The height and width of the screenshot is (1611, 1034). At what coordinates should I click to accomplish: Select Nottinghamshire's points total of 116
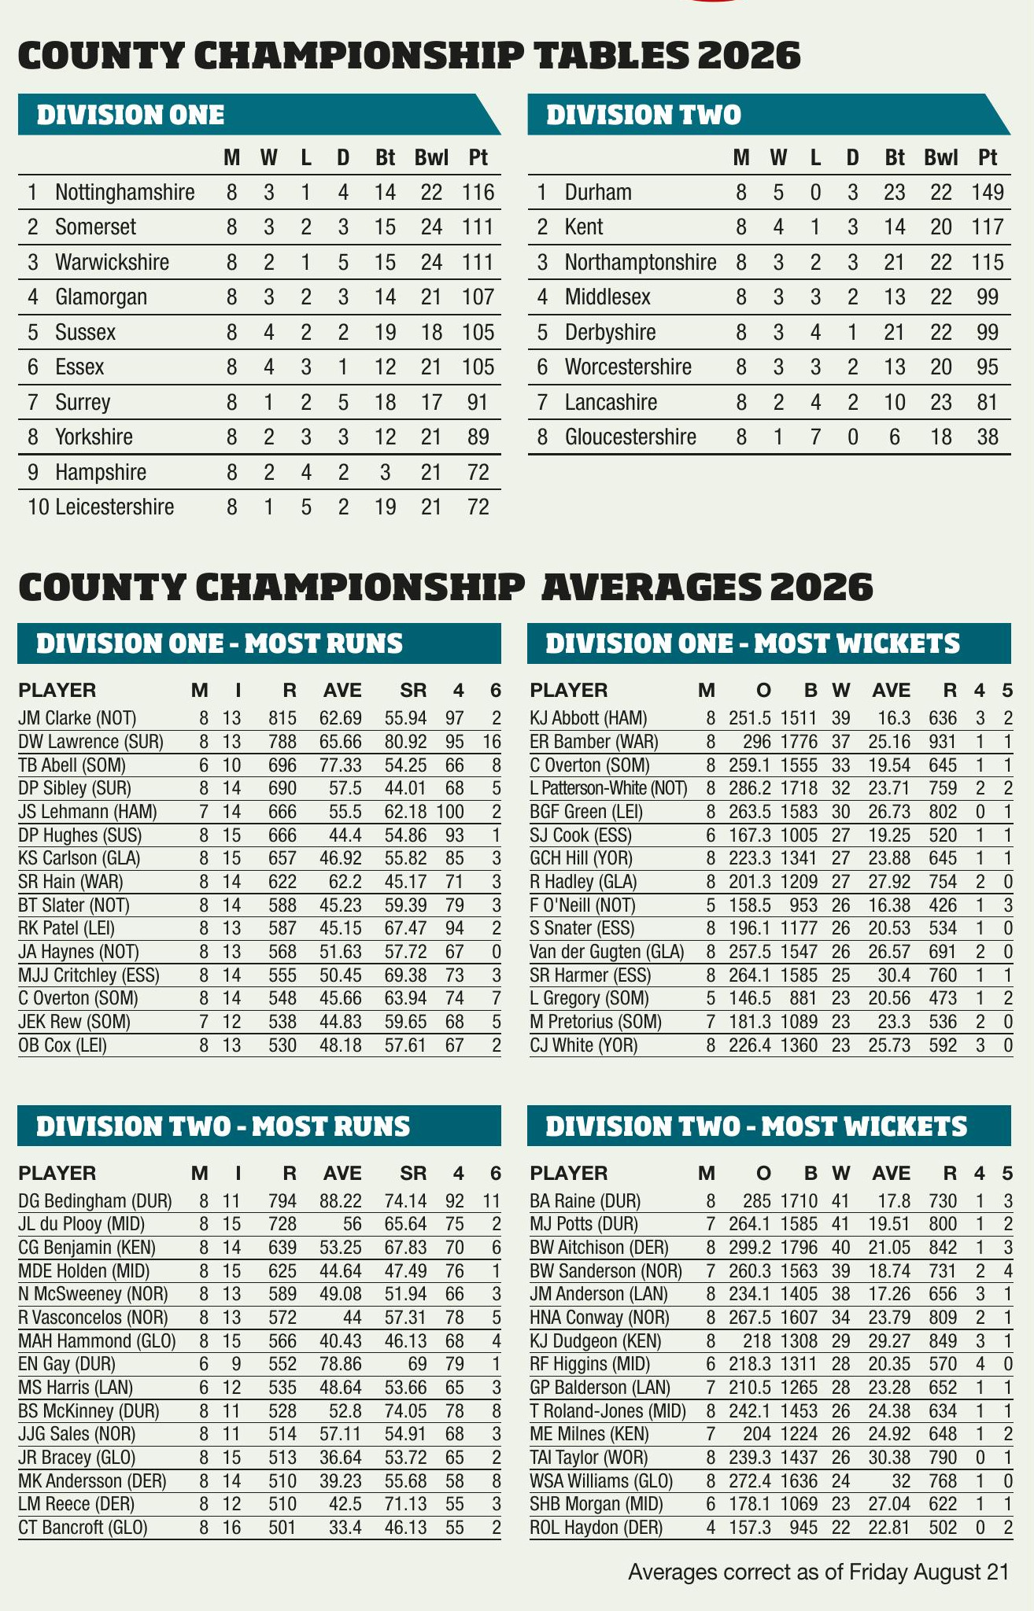point(478,192)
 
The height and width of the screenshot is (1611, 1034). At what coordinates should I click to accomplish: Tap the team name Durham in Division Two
point(598,192)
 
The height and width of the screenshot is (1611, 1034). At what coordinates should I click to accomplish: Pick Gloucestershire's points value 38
point(988,437)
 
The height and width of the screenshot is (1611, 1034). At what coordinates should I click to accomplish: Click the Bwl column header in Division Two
point(941,157)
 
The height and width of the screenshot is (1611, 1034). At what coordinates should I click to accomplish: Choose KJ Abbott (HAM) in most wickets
point(589,717)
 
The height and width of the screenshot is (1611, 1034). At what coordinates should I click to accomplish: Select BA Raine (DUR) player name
point(585,1200)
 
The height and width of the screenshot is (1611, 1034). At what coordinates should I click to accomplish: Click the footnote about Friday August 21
point(818,1572)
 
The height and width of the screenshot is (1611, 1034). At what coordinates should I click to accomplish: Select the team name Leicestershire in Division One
point(115,507)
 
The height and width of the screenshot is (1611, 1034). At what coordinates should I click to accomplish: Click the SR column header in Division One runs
point(414,691)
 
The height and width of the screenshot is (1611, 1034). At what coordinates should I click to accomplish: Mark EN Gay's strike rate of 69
point(416,1364)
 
